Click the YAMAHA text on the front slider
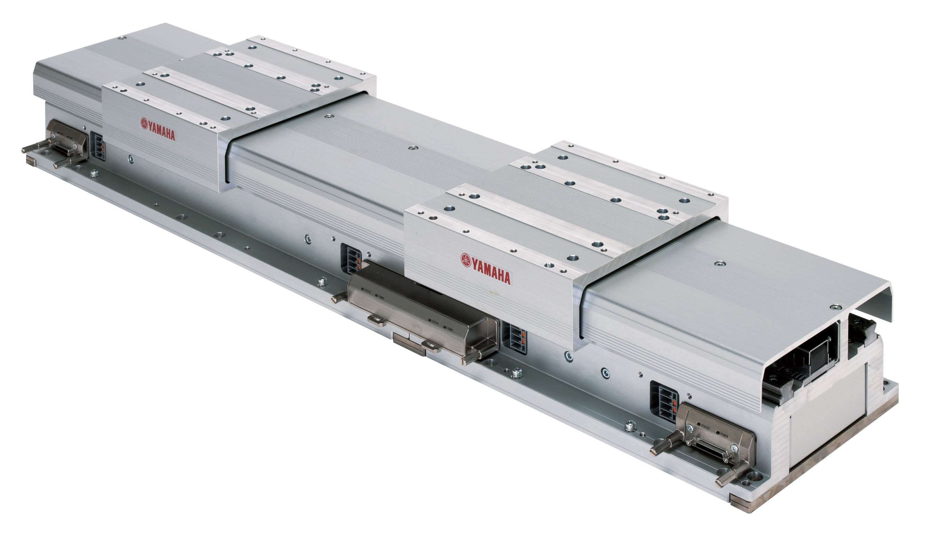coord(491,275)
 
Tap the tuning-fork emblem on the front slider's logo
coord(466,260)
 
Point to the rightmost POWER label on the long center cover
coord(448,328)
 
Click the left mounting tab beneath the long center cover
coord(376,321)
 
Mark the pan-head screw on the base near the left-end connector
coord(95,173)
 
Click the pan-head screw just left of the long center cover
coord(322,281)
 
